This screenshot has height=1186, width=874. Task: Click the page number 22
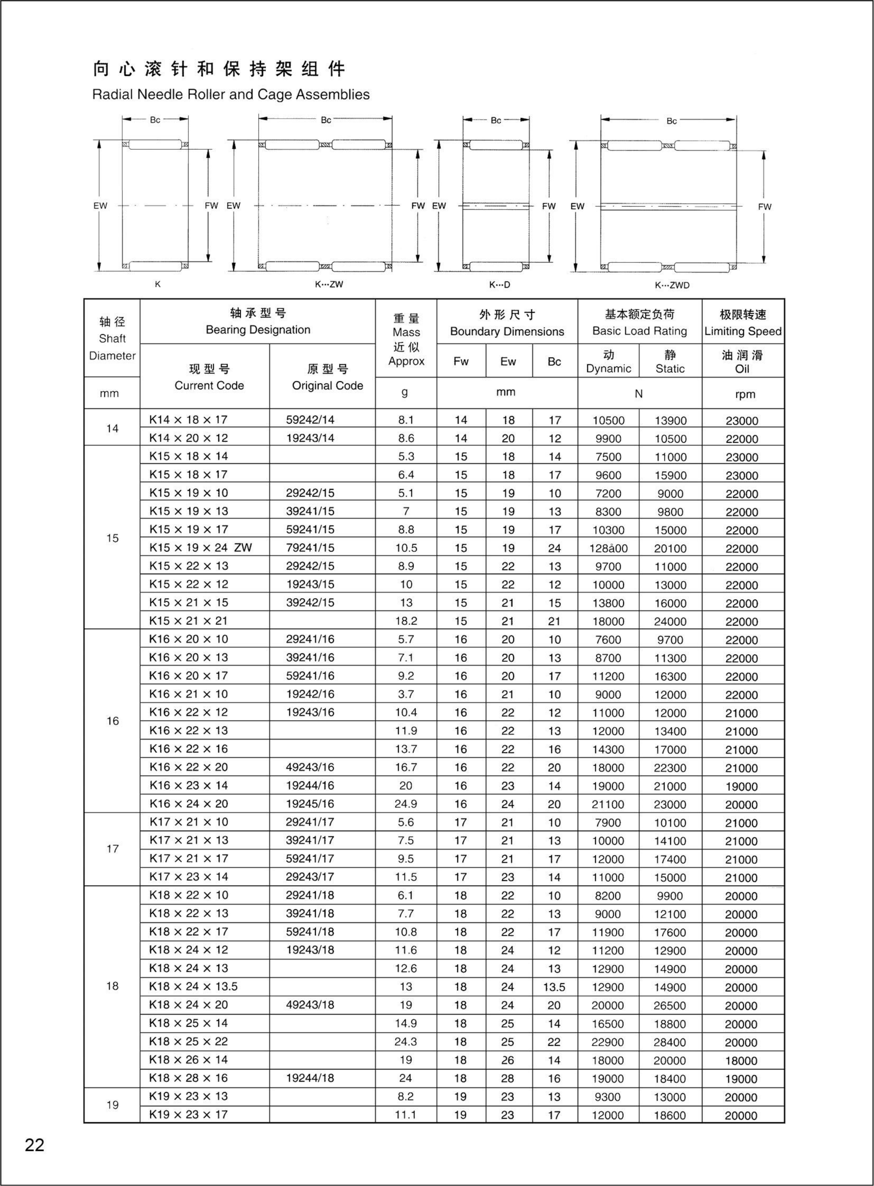point(35,1145)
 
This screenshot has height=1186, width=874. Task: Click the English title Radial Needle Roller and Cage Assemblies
point(231,95)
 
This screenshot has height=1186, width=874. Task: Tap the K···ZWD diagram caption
point(672,285)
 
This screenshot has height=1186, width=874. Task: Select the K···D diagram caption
point(499,285)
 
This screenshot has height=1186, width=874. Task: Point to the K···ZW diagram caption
point(329,284)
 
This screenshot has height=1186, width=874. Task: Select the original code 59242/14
point(310,420)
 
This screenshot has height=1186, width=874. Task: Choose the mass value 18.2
point(406,621)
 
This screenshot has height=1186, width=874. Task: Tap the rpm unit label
point(742,394)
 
